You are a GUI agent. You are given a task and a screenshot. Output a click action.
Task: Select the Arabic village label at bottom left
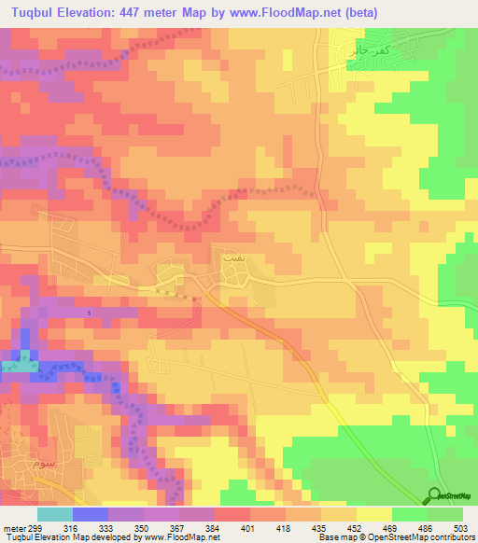coord(43,465)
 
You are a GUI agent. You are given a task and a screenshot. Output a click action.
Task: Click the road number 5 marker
coord(89,312)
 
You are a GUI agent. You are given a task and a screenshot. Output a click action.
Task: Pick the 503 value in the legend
coord(459,527)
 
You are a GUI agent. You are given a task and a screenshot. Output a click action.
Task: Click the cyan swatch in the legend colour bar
coord(54,514)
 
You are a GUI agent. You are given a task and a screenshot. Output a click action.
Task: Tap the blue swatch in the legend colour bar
coord(90,514)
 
